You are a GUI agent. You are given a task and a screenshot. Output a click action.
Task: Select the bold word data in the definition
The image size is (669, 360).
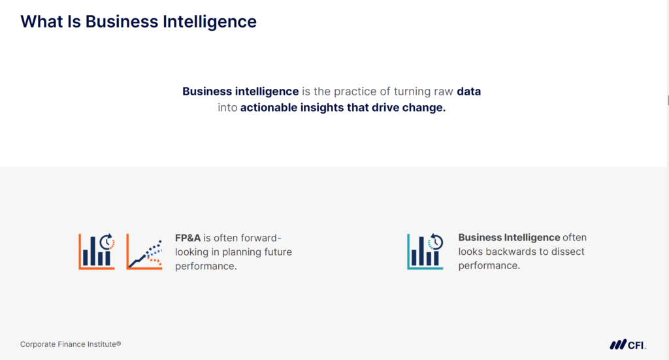468,91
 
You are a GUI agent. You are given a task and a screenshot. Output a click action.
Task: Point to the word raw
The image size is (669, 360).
441,91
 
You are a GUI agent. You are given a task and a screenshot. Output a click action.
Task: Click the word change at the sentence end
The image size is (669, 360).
426,108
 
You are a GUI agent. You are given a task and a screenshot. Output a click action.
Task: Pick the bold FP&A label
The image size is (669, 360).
188,238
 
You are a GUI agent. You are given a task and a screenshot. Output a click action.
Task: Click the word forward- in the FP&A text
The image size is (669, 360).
260,238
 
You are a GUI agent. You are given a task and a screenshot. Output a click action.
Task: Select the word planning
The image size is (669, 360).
243,252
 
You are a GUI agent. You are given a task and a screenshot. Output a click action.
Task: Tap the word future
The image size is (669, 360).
278,252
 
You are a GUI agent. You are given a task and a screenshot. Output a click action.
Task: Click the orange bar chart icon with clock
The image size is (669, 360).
97,251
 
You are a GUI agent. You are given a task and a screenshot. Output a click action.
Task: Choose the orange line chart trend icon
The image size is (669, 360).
144,251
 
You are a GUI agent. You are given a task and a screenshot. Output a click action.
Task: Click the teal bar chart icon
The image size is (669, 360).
425,251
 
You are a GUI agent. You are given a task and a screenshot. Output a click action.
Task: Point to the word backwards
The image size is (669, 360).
509,252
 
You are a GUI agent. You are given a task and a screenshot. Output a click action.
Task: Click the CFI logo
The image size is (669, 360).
628,344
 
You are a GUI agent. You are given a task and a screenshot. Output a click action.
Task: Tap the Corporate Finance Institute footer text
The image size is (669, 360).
71,344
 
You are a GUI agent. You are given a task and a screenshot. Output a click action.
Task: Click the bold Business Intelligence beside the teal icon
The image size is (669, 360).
509,238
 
